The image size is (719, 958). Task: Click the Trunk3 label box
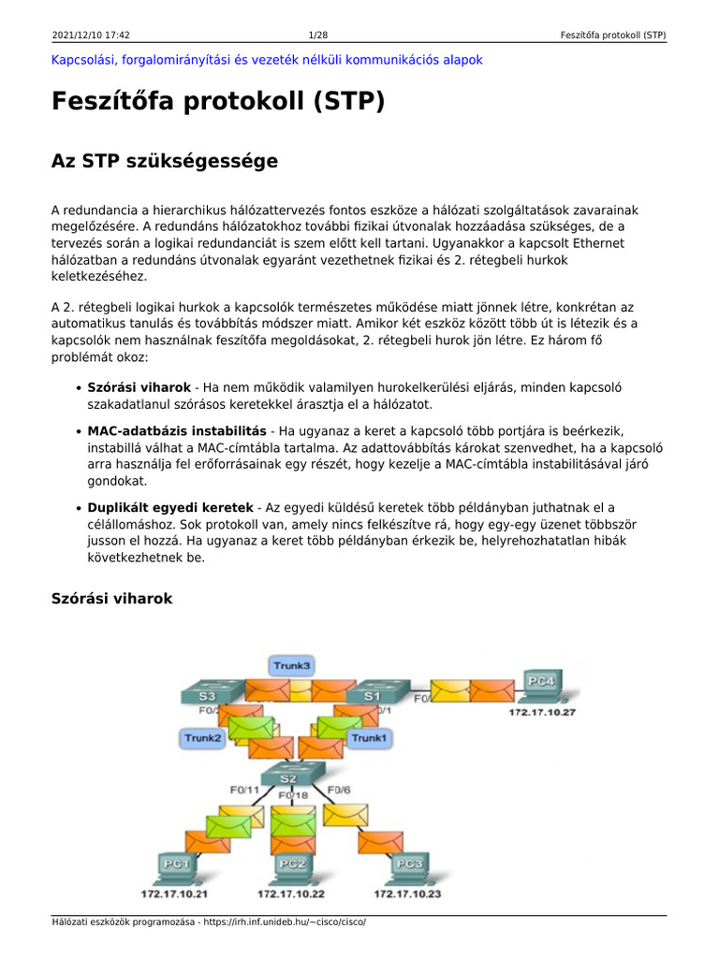[x=291, y=665]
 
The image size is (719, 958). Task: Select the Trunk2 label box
[x=202, y=738]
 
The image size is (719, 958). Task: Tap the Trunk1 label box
[x=369, y=738]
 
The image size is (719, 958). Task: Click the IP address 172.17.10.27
[x=542, y=713]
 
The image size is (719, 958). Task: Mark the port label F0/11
[x=244, y=790]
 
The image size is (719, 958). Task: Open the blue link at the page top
[x=267, y=60]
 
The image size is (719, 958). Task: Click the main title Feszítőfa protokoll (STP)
[x=218, y=101]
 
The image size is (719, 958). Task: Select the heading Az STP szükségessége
[x=165, y=161]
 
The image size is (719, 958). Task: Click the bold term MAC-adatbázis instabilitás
[x=177, y=431]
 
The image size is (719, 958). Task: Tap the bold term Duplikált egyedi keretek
[x=170, y=507]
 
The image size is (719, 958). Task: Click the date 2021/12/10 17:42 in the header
[x=91, y=36]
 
